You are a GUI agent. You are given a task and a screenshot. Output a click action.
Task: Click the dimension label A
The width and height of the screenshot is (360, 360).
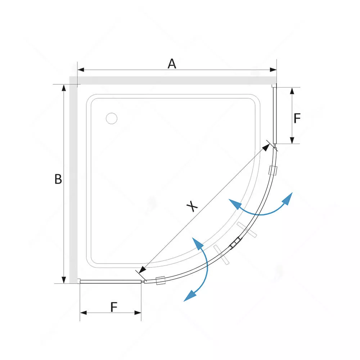point(172,64)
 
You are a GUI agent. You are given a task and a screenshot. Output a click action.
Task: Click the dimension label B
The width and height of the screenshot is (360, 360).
point(58,179)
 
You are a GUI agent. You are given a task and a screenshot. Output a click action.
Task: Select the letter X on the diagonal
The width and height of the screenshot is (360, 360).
point(192,206)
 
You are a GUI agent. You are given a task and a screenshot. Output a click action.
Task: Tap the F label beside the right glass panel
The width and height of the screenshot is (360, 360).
point(297,118)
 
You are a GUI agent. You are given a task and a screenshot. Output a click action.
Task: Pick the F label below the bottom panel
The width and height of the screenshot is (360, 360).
point(114,307)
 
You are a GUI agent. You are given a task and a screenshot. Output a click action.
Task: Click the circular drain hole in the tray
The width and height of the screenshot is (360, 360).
point(112,118)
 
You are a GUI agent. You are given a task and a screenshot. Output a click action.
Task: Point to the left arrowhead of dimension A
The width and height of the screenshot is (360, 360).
point(81,70)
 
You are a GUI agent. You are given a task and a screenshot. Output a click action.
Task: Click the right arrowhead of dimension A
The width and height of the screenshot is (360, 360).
point(273,70)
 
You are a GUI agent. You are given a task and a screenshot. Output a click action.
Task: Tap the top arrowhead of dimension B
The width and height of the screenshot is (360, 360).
point(64,88)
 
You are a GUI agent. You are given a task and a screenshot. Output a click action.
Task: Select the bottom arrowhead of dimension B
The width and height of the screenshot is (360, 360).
point(64,280)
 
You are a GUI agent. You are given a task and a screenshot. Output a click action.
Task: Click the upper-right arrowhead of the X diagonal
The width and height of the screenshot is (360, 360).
point(266,147)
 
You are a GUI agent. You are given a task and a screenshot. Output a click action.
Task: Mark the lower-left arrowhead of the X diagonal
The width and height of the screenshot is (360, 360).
point(143,270)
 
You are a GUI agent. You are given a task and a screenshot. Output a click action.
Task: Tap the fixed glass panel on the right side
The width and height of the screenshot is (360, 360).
point(275,114)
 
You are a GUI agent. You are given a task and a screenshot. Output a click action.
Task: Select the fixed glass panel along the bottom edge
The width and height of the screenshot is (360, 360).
point(110,282)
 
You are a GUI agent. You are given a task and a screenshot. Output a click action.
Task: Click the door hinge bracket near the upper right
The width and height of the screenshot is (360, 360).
point(273,171)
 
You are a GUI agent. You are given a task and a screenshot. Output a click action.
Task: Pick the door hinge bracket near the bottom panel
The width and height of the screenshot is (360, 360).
point(161,280)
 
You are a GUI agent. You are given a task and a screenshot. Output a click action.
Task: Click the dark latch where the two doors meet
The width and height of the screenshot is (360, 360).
point(235,242)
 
